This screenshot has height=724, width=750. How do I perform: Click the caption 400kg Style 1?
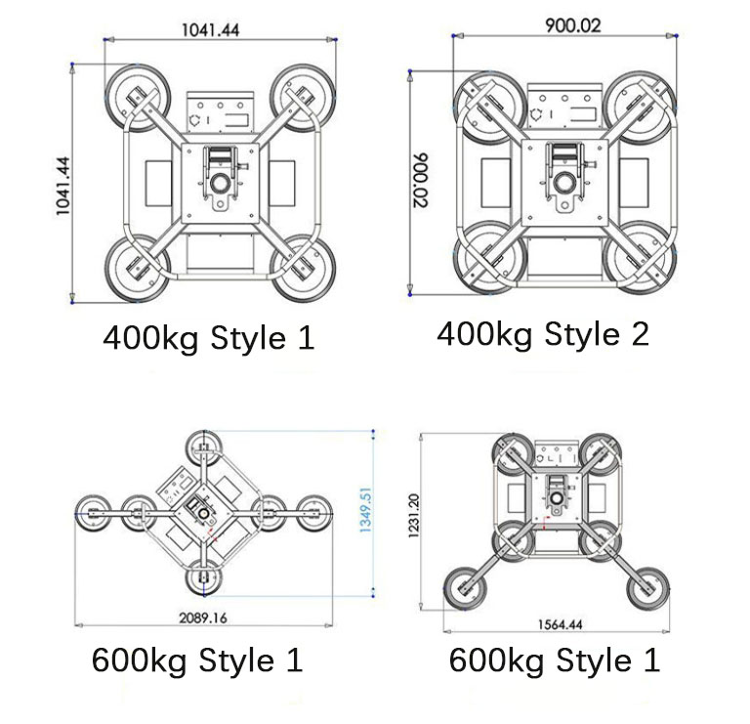(x=209, y=338)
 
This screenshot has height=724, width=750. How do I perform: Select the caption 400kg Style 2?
(x=543, y=334)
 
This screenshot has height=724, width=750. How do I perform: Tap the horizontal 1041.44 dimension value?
(x=209, y=29)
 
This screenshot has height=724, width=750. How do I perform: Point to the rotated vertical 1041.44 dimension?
(x=64, y=186)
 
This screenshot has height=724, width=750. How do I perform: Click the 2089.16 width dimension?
(x=203, y=618)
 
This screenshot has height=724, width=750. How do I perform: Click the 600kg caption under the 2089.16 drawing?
(x=197, y=660)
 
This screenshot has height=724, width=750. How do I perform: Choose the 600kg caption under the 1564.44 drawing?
(x=554, y=660)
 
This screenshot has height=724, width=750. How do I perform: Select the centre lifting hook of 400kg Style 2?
(x=563, y=182)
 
